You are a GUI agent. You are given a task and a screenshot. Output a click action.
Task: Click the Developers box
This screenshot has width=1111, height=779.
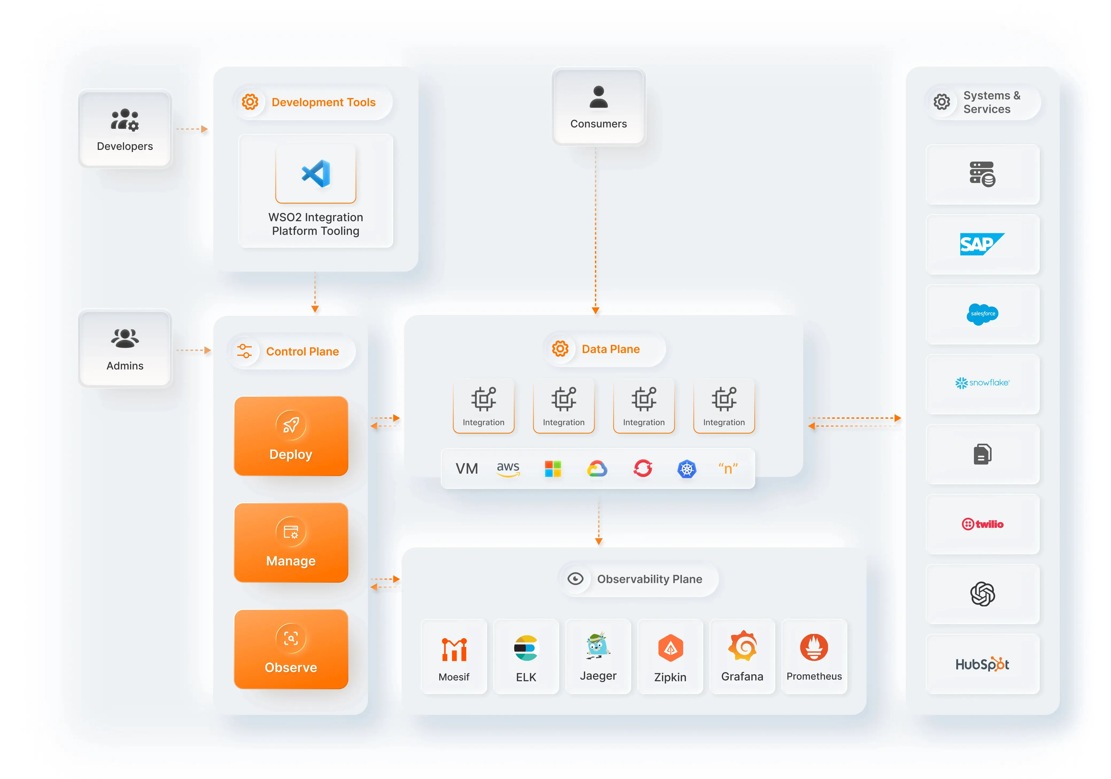point(125,129)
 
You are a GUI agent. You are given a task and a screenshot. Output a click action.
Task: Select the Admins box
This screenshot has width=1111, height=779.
point(125,348)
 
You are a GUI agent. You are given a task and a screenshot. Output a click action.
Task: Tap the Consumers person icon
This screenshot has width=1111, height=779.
point(599,97)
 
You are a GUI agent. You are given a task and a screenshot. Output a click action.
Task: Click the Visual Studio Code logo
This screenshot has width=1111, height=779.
point(316,173)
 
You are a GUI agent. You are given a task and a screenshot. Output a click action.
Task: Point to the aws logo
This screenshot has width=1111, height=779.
point(508,468)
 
